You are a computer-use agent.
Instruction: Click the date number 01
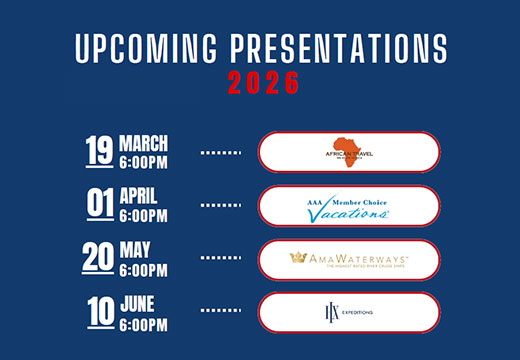point(100,204)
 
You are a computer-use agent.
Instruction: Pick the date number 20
point(99,258)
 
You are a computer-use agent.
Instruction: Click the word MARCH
point(144,141)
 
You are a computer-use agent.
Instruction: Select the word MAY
point(135,249)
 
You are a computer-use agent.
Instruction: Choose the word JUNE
point(138,303)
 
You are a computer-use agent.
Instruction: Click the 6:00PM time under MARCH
point(143,161)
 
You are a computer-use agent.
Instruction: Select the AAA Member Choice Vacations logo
point(348,206)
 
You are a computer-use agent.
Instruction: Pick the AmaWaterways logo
point(349,259)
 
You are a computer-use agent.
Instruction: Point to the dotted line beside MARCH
point(222,153)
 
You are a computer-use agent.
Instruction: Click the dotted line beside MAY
point(222,261)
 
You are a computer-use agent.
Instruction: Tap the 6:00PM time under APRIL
point(143,215)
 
